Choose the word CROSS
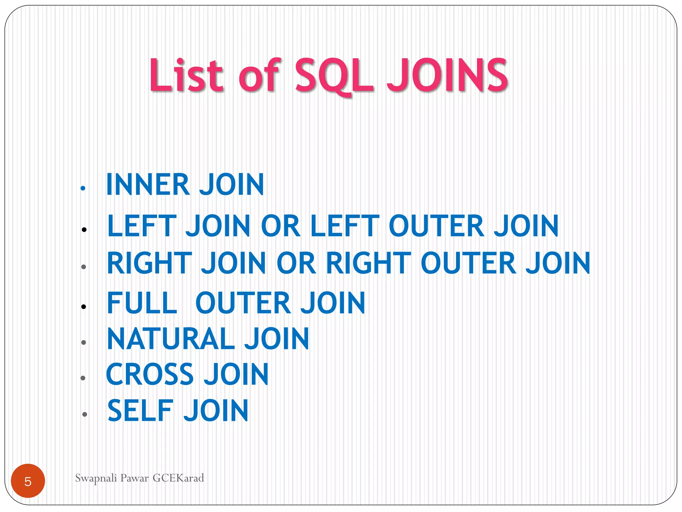[150, 374]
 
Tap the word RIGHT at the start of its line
[150, 263]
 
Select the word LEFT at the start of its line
[142, 226]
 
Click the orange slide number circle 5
[28, 481]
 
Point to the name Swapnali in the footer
[96, 478]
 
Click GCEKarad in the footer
[178, 478]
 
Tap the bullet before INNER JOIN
[83, 188]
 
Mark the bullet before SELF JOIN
[85, 414]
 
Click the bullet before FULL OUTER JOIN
[84, 307]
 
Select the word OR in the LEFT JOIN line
[281, 226]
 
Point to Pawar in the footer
[135, 478]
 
